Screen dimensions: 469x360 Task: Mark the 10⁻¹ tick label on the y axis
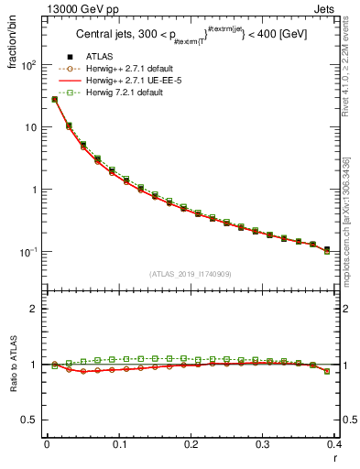pos(28,252)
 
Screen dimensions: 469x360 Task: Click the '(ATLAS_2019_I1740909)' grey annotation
pos(191,273)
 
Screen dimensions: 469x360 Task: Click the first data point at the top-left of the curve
pos(54,99)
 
